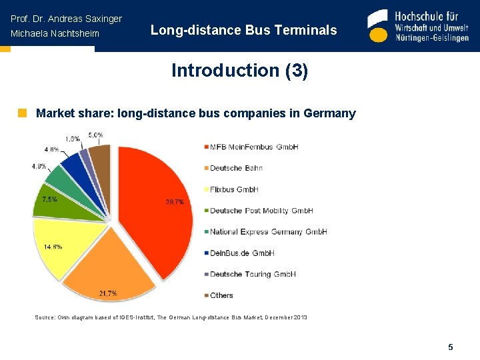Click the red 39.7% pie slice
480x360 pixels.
pos(157,207)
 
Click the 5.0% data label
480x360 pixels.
pos(95,135)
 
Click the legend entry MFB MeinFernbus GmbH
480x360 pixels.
pos(254,147)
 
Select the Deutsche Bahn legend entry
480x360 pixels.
pos(236,168)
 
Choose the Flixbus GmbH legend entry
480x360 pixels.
pos(234,189)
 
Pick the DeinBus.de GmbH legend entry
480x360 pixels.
pos(242,253)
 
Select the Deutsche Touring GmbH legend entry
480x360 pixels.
pos(253,274)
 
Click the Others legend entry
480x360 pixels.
pos(221,295)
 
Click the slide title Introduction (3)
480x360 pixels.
pos(239,71)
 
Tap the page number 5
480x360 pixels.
pos(451,347)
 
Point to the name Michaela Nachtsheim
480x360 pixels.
pos(55,34)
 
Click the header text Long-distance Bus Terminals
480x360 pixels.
pos(243,30)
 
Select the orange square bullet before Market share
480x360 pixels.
pos(22,113)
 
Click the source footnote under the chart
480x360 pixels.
pos(171,317)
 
